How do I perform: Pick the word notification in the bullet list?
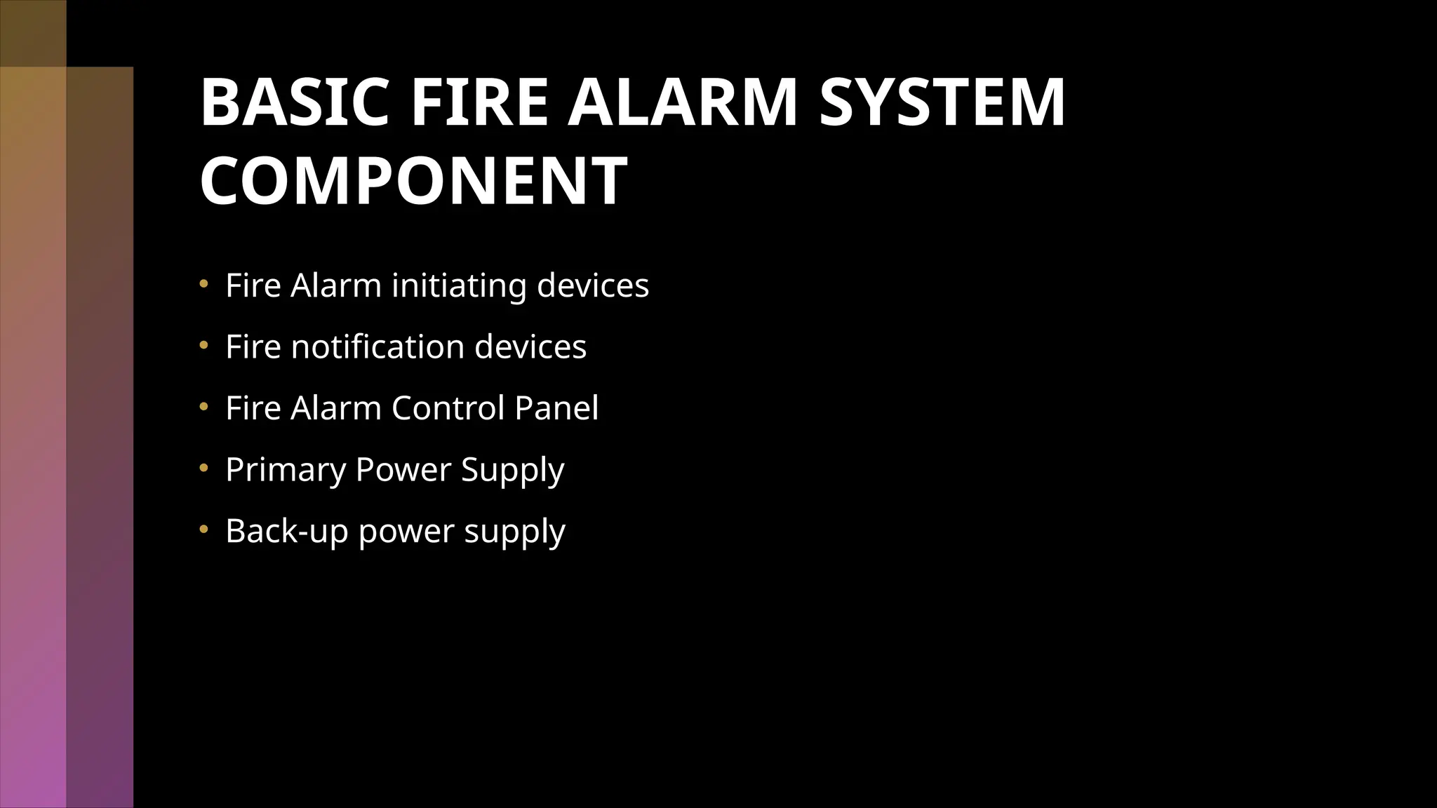coord(377,346)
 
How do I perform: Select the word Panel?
coord(556,408)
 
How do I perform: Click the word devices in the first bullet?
coord(593,285)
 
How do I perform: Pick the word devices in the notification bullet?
coord(530,346)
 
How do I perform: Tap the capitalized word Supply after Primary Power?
coord(512,470)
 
